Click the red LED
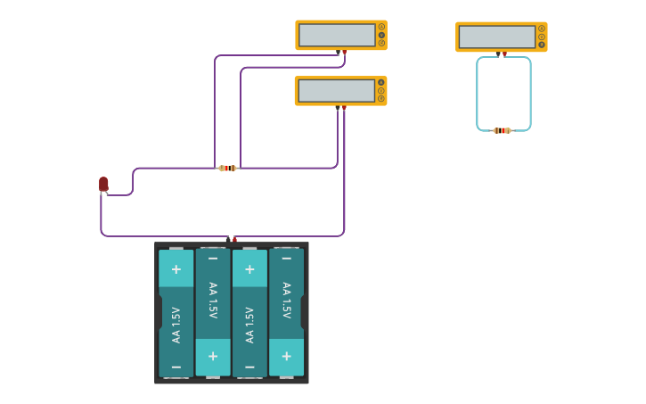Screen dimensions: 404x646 [x=103, y=184]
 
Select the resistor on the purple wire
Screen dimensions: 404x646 [x=227, y=168]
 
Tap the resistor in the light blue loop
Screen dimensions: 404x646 [x=502, y=130]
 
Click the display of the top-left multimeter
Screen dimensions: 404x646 [x=337, y=35]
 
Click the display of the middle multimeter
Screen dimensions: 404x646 [x=336, y=90]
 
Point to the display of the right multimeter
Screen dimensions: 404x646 [x=497, y=37]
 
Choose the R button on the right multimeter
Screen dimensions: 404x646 [x=542, y=44]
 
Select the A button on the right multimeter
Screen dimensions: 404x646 [x=542, y=28]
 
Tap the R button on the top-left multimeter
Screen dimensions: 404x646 [x=381, y=42]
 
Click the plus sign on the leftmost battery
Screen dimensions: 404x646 [x=176, y=268]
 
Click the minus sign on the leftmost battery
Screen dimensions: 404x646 [x=176, y=367]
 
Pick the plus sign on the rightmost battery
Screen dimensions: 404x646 [x=286, y=356]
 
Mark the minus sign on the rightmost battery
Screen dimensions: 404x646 [x=286, y=259]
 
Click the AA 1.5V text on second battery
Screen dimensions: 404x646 [x=213, y=301]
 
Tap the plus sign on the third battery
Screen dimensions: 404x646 [x=249, y=268]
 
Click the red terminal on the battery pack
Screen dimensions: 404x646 [x=234, y=239]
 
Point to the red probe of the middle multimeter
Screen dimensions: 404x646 [x=344, y=108]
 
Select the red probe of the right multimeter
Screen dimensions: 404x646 [x=504, y=54]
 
